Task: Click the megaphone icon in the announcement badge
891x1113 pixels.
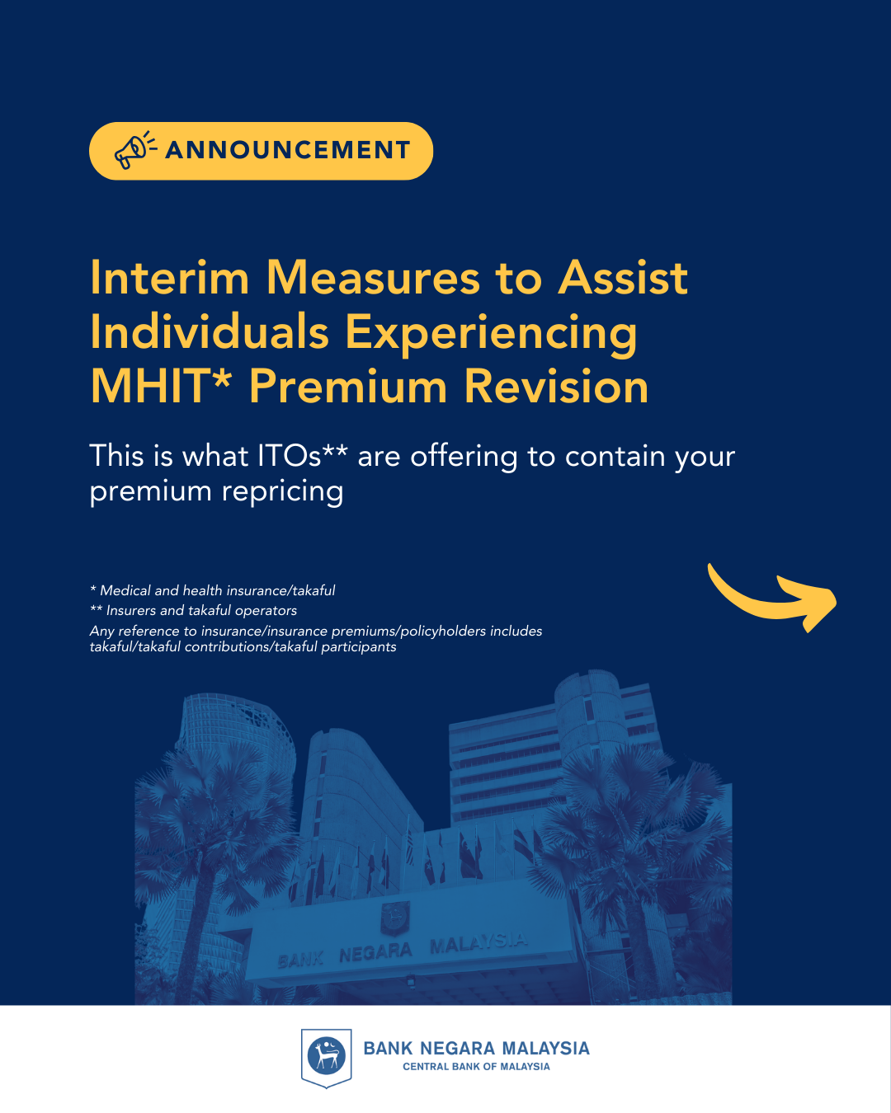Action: (135, 150)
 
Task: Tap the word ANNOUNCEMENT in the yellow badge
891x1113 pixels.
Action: (288, 151)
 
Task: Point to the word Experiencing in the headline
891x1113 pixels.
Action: (492, 335)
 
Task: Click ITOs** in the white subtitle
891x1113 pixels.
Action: (302, 456)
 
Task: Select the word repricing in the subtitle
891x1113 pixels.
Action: (283, 492)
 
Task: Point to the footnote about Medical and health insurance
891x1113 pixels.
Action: (212, 590)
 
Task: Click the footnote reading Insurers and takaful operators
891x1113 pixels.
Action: (193, 611)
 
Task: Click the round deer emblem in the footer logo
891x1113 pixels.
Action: (326, 1055)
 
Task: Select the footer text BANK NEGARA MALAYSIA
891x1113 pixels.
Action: (476, 1049)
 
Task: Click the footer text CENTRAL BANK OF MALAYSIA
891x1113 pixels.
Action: (476, 1067)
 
